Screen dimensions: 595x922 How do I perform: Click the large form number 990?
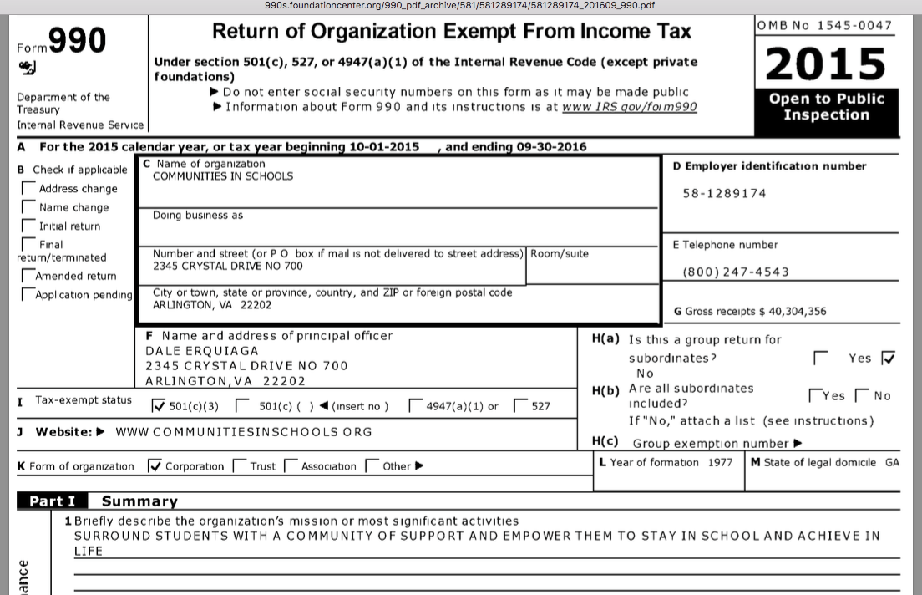[77, 41]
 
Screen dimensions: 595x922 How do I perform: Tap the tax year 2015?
[825, 63]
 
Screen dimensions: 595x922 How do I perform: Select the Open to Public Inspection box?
[825, 107]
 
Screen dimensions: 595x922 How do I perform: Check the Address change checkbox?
[28, 189]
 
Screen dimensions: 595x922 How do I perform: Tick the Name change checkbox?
[28, 207]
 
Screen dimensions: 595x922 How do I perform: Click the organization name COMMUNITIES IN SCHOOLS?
[223, 176]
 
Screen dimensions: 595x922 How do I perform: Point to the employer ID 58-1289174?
[724, 194]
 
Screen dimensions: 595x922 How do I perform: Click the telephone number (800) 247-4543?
[735, 272]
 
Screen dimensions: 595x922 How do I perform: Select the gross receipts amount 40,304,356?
[793, 312]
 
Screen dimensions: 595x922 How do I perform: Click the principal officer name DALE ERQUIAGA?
[202, 351]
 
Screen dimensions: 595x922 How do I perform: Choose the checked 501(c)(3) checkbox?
[159, 407]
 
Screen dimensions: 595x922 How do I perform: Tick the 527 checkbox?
[520, 407]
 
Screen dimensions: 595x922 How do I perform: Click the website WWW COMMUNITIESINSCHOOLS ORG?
[244, 432]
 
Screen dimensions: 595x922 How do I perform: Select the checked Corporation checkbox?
[154, 466]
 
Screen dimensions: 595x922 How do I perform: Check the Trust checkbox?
[240, 466]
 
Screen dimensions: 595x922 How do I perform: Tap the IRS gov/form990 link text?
[629, 107]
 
